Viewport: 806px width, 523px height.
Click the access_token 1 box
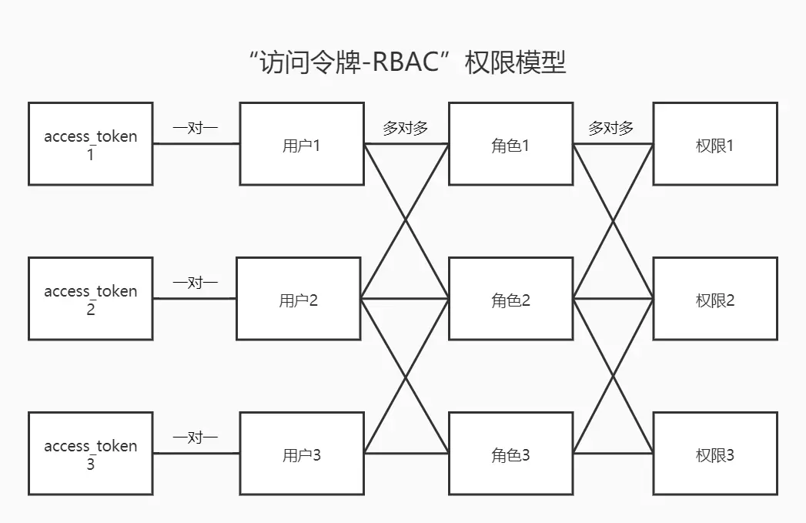pyautogui.click(x=90, y=144)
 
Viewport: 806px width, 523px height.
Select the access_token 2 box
pyautogui.click(x=90, y=299)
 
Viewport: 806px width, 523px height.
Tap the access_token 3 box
pyautogui.click(x=90, y=454)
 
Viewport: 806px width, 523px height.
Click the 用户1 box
pyautogui.click(x=302, y=144)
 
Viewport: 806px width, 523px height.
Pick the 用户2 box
pyautogui.click(x=298, y=299)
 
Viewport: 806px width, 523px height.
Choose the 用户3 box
pyautogui.click(x=302, y=454)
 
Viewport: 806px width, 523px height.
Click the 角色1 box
pyautogui.click(x=510, y=144)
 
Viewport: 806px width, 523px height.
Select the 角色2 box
pyautogui.click(x=510, y=299)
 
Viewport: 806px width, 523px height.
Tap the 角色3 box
pyautogui.click(x=510, y=454)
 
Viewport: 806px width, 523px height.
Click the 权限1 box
pyautogui.click(x=715, y=144)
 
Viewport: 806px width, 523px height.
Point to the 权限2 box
pyautogui.click(x=715, y=299)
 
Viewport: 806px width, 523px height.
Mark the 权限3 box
pyautogui.click(x=715, y=454)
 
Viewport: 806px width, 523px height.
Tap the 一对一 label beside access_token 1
pyautogui.click(x=196, y=128)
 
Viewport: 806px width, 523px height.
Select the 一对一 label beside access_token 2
pyautogui.click(x=196, y=283)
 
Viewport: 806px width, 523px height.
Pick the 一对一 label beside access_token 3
pyautogui.click(x=196, y=438)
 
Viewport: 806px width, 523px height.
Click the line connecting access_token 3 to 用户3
pyautogui.click(x=196, y=454)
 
